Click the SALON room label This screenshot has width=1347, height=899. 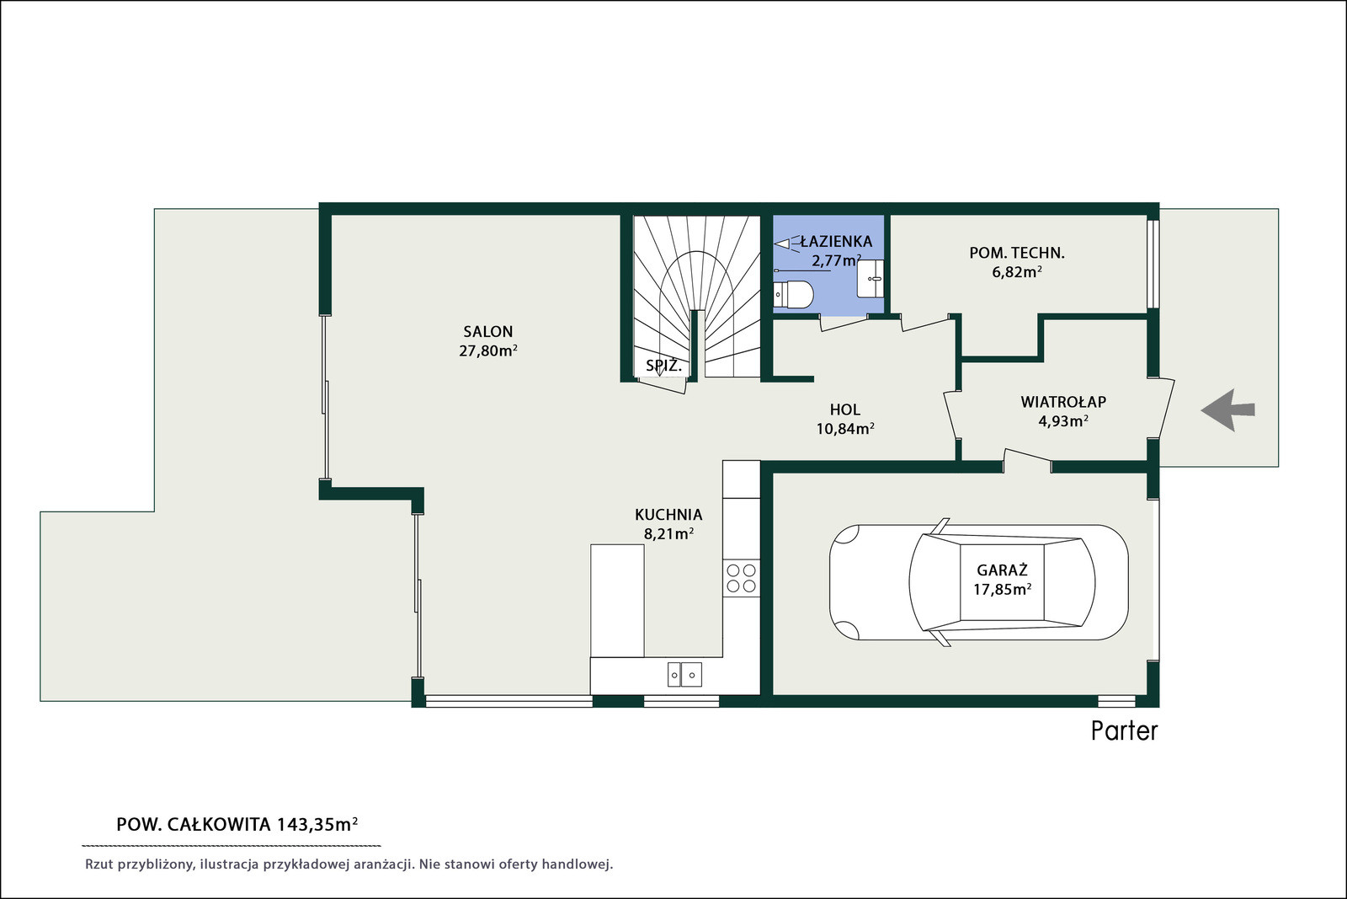click(487, 332)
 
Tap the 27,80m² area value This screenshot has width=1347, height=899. click(488, 351)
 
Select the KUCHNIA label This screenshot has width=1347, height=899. click(668, 515)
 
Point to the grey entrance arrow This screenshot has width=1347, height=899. click(1227, 410)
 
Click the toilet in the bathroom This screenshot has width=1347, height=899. click(793, 294)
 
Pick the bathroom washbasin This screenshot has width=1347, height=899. click(870, 279)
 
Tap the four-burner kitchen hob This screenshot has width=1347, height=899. click(742, 578)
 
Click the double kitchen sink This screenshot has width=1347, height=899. click(684, 675)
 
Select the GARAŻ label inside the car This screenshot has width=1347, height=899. click(1002, 570)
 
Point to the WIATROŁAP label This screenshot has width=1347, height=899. click(1063, 402)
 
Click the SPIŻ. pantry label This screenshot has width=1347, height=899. click(664, 366)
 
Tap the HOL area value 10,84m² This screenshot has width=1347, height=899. click(845, 429)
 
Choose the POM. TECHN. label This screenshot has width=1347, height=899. click(1017, 254)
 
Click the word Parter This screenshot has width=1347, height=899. click(1125, 731)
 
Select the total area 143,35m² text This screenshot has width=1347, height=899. click(317, 824)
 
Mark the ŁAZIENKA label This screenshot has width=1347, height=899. click(836, 242)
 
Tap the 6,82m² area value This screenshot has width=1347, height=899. click(1017, 272)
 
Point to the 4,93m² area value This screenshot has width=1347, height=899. click(1063, 421)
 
